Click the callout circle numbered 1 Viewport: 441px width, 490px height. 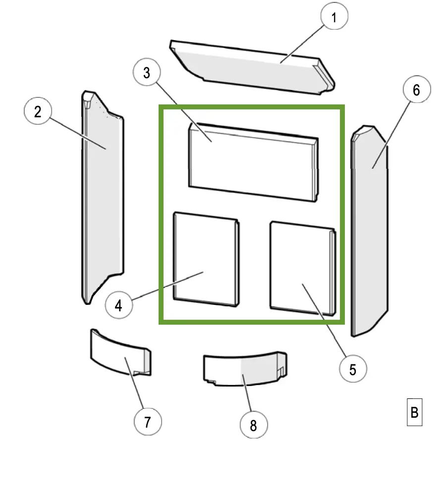pyautogui.click(x=333, y=18)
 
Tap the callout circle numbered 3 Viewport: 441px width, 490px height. pyautogui.click(x=147, y=73)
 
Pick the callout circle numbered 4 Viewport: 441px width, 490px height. pyautogui.click(x=118, y=305)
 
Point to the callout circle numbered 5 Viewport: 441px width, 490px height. pyautogui.click(x=352, y=369)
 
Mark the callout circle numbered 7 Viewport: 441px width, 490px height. pyautogui.click(x=147, y=422)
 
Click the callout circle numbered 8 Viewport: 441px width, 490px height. pyautogui.click(x=253, y=425)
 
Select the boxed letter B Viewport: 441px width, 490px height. pyautogui.click(x=414, y=412)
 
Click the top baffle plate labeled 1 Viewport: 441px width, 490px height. pyautogui.click(x=248, y=69)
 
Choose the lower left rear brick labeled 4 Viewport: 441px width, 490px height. pyautogui.click(x=206, y=257)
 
